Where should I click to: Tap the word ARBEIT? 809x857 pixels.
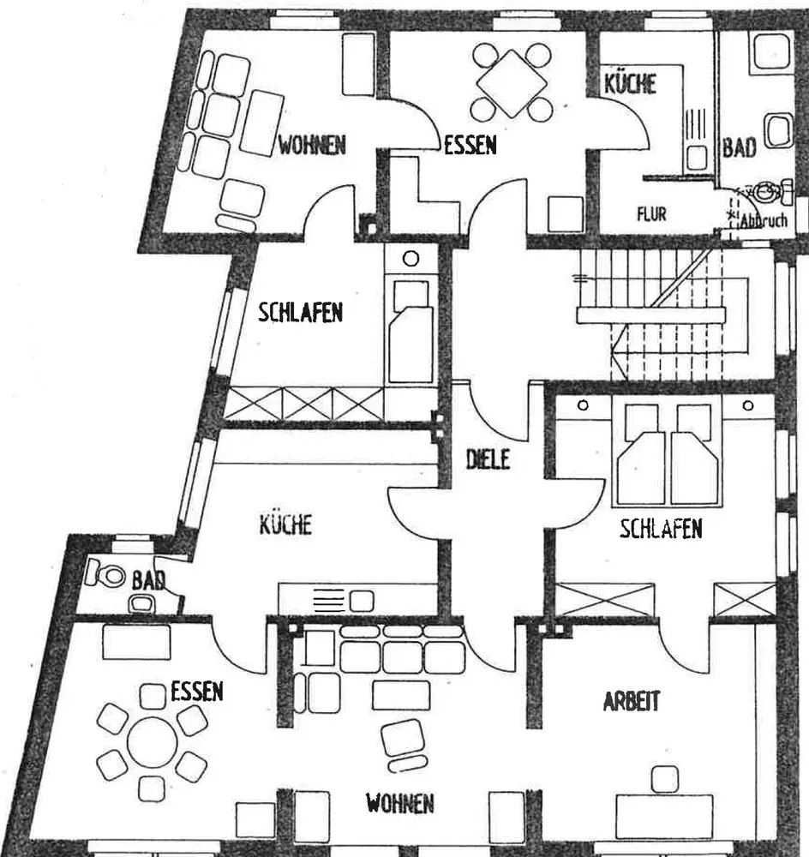(x=632, y=702)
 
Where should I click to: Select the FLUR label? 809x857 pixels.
(x=650, y=214)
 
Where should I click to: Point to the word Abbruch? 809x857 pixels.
(x=764, y=220)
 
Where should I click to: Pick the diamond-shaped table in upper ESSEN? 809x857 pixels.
(x=512, y=84)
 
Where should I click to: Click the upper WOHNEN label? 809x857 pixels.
(x=311, y=145)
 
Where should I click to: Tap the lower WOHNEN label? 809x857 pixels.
(x=399, y=804)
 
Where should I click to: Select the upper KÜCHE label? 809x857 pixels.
(x=630, y=83)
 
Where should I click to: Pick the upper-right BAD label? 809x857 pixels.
(x=738, y=147)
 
